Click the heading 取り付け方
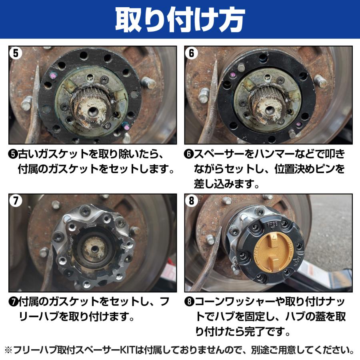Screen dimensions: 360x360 180,19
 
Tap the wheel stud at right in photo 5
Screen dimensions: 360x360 150,83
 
